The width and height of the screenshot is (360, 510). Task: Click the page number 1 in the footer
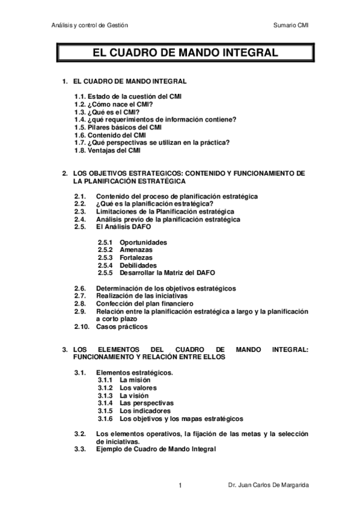180,485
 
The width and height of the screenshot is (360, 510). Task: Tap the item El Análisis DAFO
124,227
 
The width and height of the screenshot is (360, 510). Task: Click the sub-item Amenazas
137,250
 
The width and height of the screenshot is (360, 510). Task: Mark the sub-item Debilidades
138,265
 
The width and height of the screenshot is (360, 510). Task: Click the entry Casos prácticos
121,327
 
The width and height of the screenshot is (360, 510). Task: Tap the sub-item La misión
135,380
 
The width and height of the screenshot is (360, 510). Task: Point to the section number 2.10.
82,327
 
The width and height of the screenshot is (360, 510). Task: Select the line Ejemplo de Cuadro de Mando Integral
156,449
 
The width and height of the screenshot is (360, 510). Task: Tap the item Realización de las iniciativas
142,296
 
